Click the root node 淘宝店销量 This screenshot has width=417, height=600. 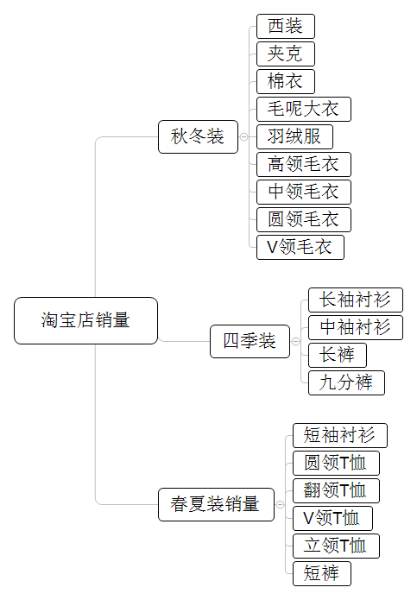point(86,320)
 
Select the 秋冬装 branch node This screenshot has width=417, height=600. point(198,136)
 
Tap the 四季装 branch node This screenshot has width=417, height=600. point(250,341)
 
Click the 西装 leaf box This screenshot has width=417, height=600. point(286,26)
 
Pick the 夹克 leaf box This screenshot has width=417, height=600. point(286,54)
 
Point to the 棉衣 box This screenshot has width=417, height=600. point(286,81)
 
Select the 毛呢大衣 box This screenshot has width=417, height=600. point(304,109)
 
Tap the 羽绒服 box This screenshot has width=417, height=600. point(294,136)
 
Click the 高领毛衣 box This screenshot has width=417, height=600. point(304,164)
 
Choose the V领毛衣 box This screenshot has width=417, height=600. point(300,247)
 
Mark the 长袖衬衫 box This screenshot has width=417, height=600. point(356,300)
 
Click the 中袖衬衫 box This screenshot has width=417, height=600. point(356,327)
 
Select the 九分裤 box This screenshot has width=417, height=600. point(346,382)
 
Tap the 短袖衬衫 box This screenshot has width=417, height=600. point(340,435)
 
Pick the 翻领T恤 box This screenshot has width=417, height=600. point(336,490)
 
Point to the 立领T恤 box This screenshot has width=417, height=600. point(336,546)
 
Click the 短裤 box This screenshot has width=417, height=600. point(322,573)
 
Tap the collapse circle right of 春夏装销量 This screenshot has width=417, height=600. point(280,504)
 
